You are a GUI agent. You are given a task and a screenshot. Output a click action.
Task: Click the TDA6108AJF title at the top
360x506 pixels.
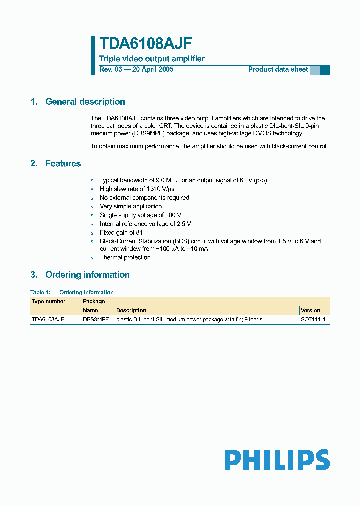[x=145, y=44]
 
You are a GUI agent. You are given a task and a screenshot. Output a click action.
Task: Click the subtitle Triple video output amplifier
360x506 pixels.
[x=152, y=59]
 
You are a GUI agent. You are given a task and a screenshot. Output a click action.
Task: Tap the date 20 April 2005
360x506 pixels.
[x=152, y=69]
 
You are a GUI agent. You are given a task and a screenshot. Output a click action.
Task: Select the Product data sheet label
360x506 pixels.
[x=278, y=69]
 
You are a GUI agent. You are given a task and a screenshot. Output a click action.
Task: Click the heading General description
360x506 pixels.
[x=85, y=102]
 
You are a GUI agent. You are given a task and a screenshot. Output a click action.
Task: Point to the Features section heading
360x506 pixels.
[x=63, y=164]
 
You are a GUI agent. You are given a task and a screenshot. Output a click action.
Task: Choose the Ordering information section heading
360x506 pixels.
[x=87, y=275]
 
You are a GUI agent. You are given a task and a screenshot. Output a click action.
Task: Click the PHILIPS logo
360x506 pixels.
[x=276, y=460]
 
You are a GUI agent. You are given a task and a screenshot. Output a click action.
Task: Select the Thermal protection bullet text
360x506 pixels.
[x=125, y=257]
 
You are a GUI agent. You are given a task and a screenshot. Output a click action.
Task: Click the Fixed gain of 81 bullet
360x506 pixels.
[x=121, y=232]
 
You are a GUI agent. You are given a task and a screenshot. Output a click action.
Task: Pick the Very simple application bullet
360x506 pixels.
[x=131, y=206]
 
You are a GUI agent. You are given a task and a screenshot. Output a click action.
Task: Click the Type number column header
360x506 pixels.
[x=48, y=301]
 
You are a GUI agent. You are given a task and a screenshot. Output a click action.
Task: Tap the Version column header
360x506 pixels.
[x=310, y=310]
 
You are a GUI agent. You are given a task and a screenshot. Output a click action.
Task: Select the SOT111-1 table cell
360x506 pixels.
[x=313, y=319]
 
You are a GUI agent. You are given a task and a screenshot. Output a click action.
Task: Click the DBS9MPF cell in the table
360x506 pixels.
[x=95, y=319]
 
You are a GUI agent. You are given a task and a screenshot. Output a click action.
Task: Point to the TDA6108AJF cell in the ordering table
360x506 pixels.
[x=48, y=319]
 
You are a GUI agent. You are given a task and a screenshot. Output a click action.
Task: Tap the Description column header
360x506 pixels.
[x=131, y=310]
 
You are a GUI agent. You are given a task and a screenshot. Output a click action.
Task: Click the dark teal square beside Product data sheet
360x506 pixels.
[x=325, y=70]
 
